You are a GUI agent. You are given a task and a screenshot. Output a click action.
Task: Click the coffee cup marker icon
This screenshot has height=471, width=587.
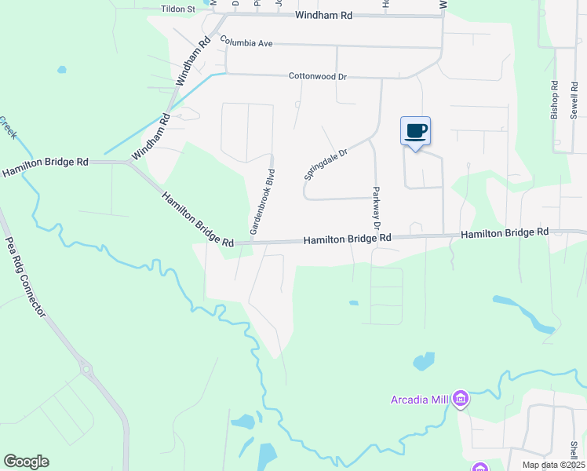(415, 131)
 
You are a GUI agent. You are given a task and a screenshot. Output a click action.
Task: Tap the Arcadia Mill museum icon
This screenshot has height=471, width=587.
(461, 400)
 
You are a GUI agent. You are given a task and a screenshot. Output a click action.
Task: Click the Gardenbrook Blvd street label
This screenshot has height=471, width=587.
(262, 202)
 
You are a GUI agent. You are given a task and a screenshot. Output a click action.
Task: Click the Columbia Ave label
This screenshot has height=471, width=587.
(246, 42)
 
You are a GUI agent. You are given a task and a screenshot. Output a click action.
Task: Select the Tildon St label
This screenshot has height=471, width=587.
(177, 9)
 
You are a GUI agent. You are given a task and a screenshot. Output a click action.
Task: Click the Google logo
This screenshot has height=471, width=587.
(26, 462)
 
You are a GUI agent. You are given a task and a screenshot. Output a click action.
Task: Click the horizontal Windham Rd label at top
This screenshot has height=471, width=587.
(323, 16)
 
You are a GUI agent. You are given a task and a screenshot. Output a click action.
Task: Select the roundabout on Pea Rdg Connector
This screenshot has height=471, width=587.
(85, 368)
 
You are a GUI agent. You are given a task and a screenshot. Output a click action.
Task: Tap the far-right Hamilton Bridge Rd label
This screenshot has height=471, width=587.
(504, 233)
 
